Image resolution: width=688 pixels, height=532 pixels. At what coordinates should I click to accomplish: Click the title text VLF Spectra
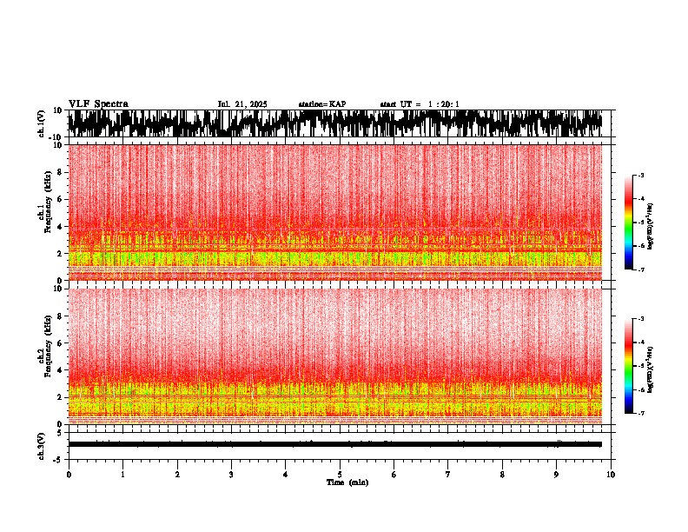tap(98, 104)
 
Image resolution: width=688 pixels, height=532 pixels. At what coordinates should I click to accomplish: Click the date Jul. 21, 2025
tap(242, 104)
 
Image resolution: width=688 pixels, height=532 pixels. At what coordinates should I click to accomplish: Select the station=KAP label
tap(321, 104)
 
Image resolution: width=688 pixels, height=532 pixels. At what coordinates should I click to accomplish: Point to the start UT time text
tap(420, 104)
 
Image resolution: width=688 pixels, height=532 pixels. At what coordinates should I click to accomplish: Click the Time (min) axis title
tap(347, 482)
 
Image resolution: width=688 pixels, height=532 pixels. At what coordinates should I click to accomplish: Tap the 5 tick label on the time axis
tap(340, 474)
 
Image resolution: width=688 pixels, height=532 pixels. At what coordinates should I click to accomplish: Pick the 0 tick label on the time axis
tap(69, 474)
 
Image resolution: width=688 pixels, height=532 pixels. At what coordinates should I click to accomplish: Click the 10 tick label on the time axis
tap(611, 474)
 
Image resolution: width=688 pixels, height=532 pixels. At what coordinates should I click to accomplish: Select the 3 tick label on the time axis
tap(231, 474)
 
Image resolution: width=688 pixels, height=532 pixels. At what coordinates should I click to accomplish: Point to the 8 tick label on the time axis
tap(502, 474)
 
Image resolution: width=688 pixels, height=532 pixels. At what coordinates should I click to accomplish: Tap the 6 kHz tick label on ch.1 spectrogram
tap(60, 199)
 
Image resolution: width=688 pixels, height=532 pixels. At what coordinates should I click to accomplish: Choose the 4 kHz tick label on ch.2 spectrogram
tap(60, 369)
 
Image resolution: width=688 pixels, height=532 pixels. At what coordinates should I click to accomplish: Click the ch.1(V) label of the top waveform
tap(42, 123)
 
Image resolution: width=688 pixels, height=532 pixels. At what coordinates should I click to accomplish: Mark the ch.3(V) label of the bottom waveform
tap(42, 444)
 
